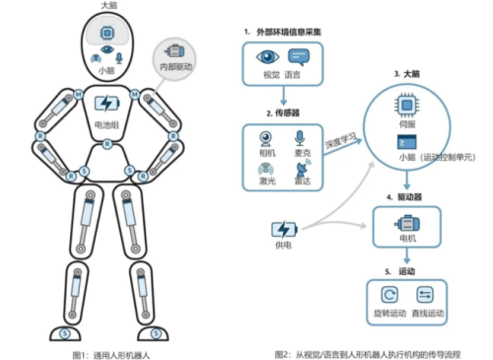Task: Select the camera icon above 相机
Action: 264,139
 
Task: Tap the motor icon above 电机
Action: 405,225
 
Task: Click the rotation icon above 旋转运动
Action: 387,295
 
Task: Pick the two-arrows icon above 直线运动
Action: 426,295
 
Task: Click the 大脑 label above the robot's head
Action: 109,6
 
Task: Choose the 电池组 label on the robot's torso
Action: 106,125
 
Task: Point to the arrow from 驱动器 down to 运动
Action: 405,252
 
